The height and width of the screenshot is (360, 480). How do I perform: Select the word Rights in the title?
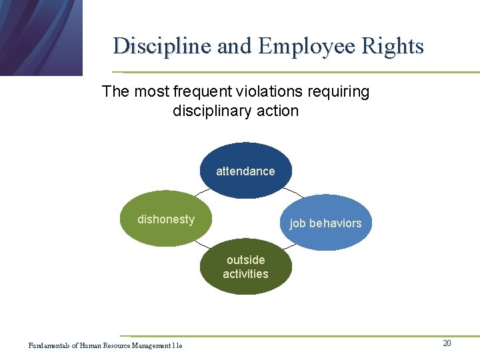pos(393,46)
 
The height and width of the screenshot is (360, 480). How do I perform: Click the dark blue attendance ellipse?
pos(245,171)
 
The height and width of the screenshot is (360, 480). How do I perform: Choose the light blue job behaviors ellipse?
pos(325,223)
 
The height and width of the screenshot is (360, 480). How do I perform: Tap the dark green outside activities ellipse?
pos(245,267)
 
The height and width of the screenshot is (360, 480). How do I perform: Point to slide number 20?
pos(447,343)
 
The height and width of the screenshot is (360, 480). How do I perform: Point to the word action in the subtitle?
pos(279,111)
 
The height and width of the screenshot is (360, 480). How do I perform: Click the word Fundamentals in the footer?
pos(49,345)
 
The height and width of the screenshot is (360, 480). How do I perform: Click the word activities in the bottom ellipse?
pos(245,274)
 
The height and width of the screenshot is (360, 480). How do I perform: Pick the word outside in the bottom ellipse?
pos(245,260)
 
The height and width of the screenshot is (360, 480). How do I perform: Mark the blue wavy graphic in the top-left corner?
pos(40,37)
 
